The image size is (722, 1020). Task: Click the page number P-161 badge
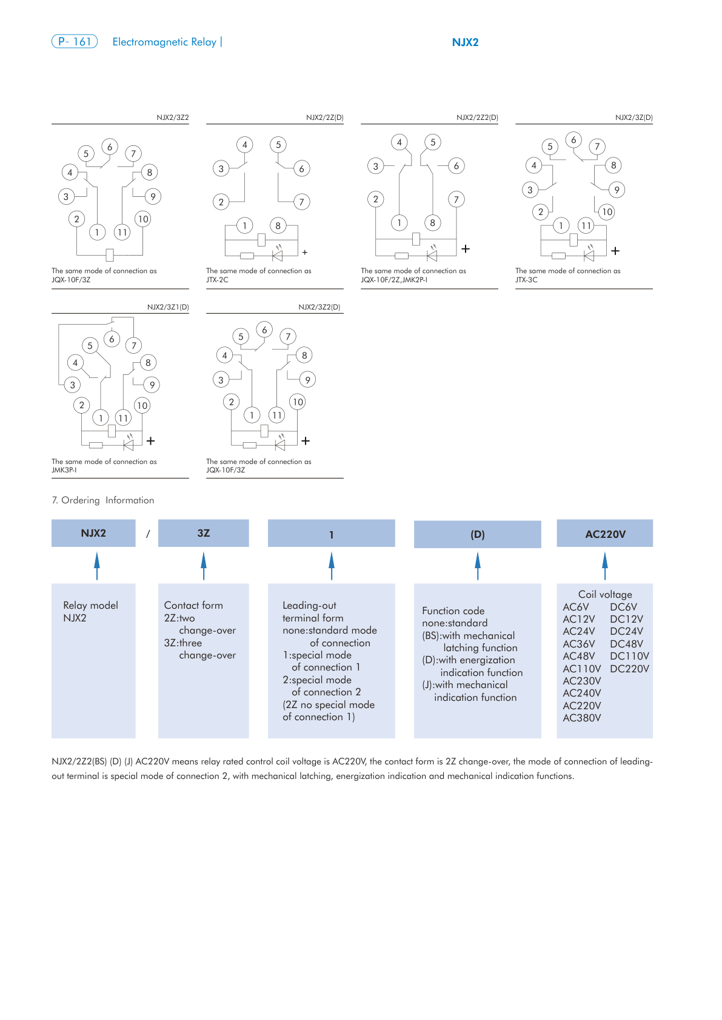click(75, 42)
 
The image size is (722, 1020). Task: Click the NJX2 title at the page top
click(465, 42)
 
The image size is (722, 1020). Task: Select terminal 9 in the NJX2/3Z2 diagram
click(153, 196)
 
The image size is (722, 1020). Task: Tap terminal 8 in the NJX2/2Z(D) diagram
click(278, 226)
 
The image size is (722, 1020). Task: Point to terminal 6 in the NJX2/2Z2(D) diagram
click(456, 165)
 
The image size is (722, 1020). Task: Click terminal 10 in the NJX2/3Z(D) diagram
click(607, 211)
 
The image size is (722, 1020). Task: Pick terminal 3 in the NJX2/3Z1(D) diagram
click(73, 385)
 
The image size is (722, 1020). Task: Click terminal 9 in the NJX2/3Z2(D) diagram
click(307, 380)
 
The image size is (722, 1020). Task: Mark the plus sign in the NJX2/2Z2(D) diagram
click(466, 248)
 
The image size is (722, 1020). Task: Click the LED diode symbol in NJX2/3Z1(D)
click(128, 445)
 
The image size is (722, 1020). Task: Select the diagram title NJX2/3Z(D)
click(633, 118)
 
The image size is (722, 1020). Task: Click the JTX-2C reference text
click(217, 280)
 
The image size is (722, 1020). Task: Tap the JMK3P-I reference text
click(64, 470)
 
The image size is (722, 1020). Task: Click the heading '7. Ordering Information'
click(103, 500)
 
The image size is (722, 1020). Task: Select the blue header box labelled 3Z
click(203, 534)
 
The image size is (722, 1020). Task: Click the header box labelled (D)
click(477, 535)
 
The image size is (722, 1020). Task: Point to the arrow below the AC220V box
click(604, 566)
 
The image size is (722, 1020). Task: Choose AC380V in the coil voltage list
click(582, 718)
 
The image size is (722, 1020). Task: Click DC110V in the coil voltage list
click(629, 656)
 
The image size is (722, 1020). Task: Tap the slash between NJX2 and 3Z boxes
click(147, 534)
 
